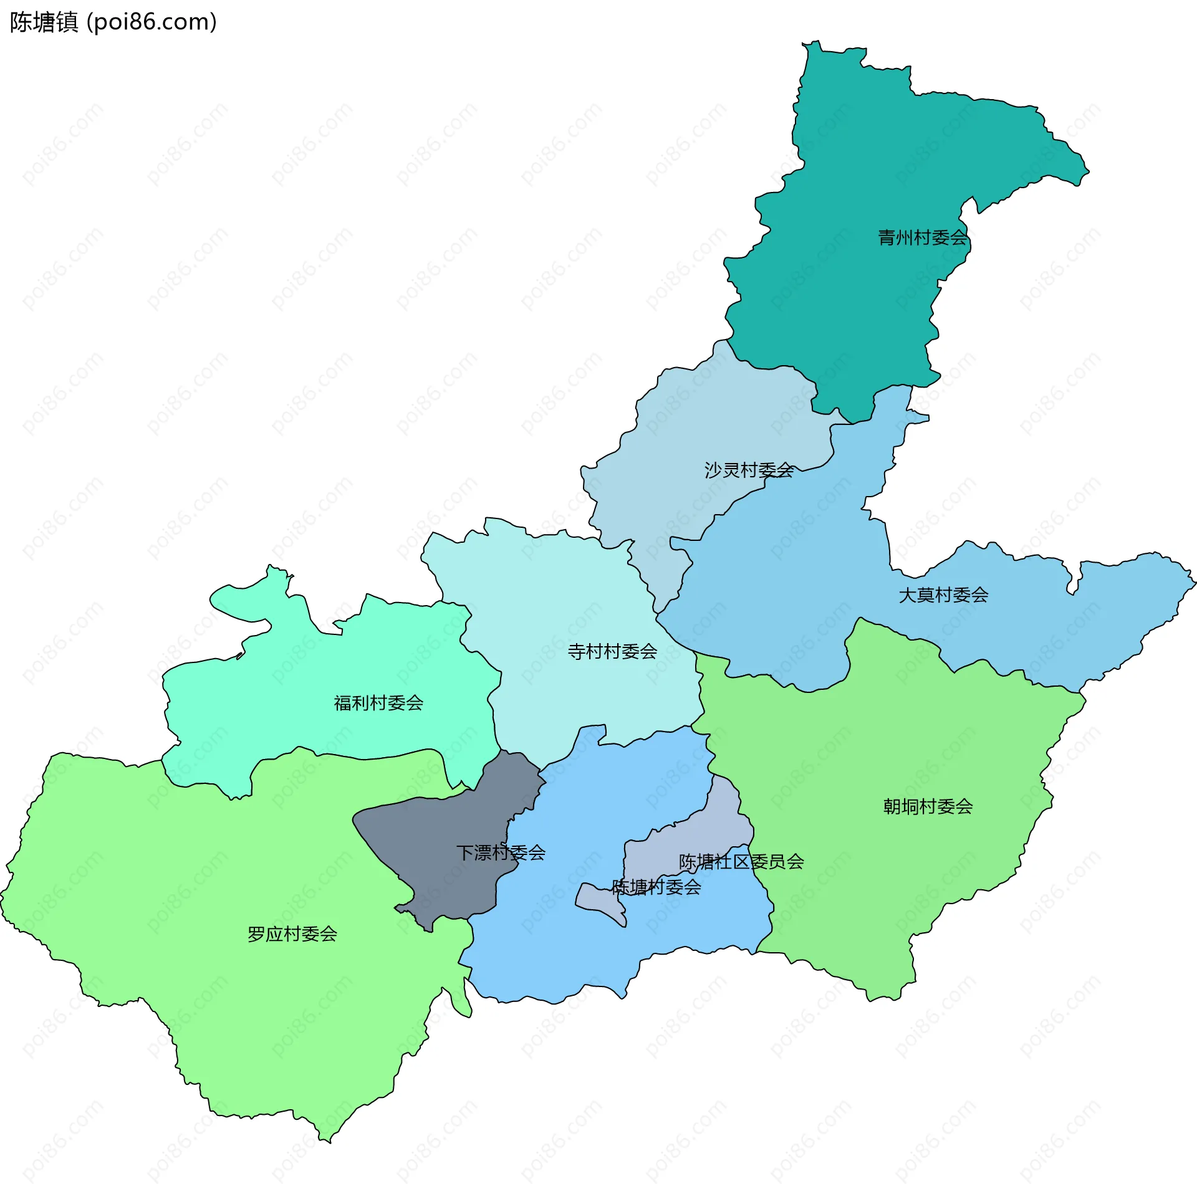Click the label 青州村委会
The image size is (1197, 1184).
point(922,237)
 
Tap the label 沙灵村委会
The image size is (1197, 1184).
point(748,470)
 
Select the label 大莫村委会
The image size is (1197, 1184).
point(943,595)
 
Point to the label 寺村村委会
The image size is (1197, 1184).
point(612,652)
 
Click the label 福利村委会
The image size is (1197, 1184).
point(378,703)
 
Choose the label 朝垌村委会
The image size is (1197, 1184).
point(928,806)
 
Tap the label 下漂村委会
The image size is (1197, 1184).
point(501,852)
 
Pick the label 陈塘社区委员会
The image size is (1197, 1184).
point(741,862)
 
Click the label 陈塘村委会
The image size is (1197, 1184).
point(656,887)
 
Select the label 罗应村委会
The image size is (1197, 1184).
point(292,934)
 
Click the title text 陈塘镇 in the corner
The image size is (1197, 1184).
point(44,22)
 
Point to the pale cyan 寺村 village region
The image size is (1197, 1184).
point(561,592)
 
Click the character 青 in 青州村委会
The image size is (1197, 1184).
point(887,237)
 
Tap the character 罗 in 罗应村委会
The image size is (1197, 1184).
point(256,934)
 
